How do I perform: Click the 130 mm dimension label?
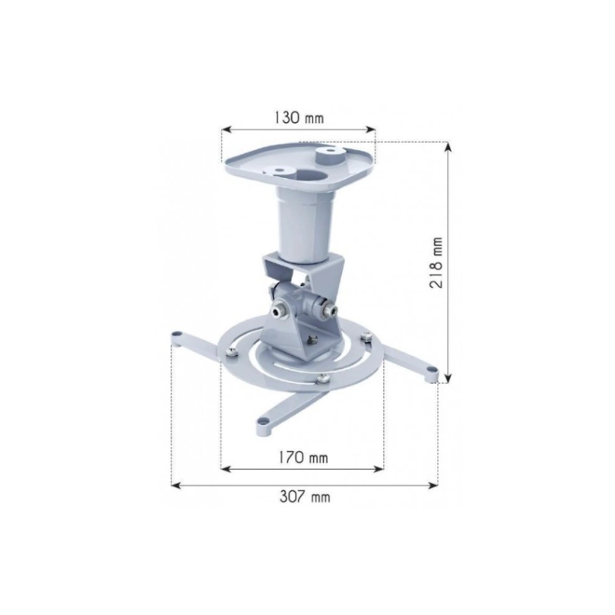point(298,117)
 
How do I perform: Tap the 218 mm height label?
point(435,262)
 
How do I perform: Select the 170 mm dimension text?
point(303,457)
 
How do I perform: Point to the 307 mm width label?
point(305,497)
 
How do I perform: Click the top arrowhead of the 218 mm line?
point(449,146)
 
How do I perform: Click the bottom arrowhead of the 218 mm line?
point(449,378)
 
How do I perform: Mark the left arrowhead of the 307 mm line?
point(176,485)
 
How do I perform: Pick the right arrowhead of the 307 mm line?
point(433,485)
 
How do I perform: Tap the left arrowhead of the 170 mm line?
point(226,468)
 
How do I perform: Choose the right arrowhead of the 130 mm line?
point(371,130)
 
